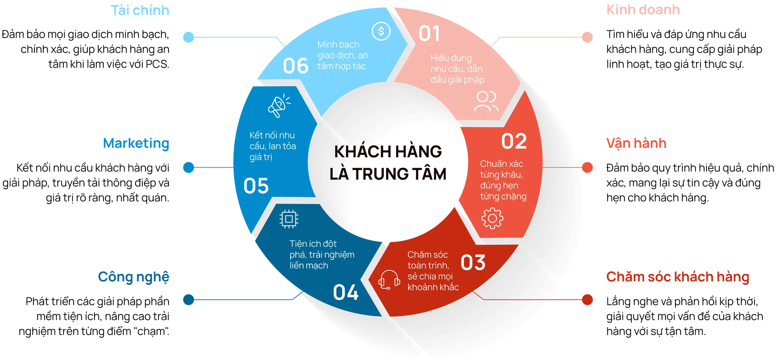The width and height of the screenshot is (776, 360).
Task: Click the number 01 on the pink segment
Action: [x=429, y=34]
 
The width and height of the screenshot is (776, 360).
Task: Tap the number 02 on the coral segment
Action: [x=514, y=141]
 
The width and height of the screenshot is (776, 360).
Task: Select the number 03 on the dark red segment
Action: [x=473, y=263]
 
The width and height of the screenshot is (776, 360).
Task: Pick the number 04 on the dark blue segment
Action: [x=346, y=293]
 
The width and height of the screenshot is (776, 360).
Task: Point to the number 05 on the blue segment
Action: [x=256, y=186]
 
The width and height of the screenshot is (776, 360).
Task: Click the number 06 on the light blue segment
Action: [x=295, y=66]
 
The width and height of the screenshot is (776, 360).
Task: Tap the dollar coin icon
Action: [x=381, y=31]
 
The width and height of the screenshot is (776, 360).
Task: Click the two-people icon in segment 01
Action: [x=486, y=101]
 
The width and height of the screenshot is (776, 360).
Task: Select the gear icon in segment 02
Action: [x=492, y=218]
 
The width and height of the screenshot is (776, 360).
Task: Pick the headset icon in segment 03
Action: [x=389, y=280]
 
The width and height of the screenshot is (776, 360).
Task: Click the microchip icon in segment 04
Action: [x=289, y=219]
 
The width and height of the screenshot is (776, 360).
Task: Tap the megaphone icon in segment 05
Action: [x=278, y=106]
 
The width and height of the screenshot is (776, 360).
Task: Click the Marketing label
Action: [x=136, y=143]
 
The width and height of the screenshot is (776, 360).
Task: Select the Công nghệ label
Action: [x=134, y=277]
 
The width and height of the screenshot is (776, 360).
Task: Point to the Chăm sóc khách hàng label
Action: [x=677, y=277]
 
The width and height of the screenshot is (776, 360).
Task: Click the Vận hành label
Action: [x=636, y=143]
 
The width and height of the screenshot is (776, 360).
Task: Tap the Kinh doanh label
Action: [x=643, y=10]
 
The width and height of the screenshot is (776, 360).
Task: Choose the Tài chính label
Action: [x=141, y=10]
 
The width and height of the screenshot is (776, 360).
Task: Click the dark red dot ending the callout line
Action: [x=588, y=299]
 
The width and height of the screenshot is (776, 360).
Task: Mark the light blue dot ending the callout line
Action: [x=189, y=37]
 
